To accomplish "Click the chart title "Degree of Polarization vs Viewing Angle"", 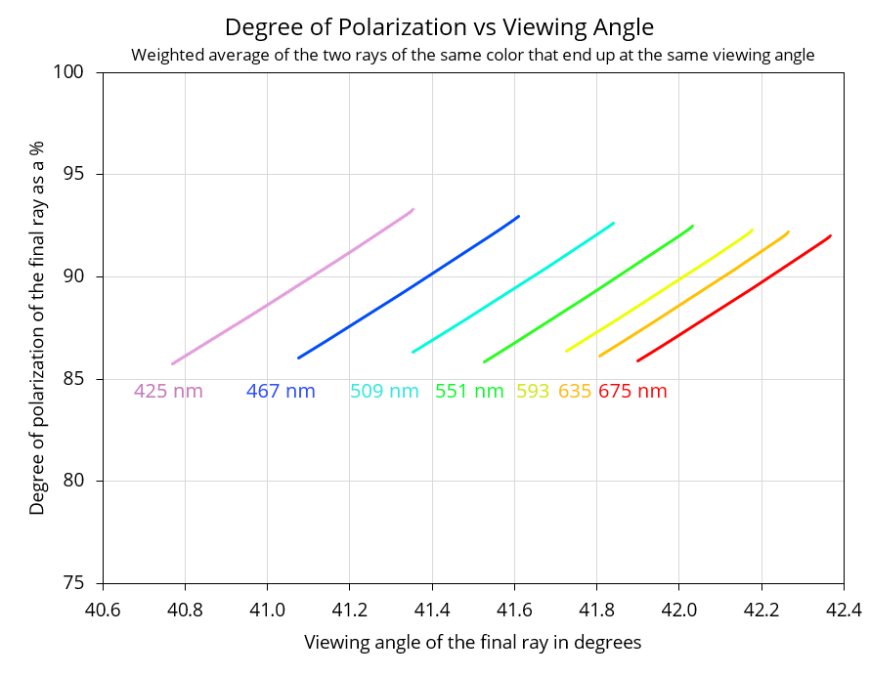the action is click(439, 27).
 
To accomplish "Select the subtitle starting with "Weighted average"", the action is click(473, 56).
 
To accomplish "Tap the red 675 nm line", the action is click(734, 298).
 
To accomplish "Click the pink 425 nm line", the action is click(293, 286).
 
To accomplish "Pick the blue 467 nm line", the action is click(409, 287).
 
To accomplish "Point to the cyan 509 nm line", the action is click(513, 287).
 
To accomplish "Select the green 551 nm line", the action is click(588, 294).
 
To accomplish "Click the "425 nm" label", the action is click(168, 391).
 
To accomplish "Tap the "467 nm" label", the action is click(281, 391).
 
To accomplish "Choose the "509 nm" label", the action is click(384, 391).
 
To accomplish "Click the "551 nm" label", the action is click(469, 391).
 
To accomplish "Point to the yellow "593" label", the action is click(533, 391).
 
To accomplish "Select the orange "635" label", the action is click(575, 391).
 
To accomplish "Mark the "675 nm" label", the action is click(632, 391).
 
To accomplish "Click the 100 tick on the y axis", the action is click(68, 71).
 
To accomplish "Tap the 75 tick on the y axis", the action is click(73, 583).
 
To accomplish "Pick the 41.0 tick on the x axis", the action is click(268, 610).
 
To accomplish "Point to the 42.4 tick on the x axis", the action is click(844, 610).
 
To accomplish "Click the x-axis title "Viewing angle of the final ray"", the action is click(473, 642).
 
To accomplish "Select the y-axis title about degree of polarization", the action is click(36, 327).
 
